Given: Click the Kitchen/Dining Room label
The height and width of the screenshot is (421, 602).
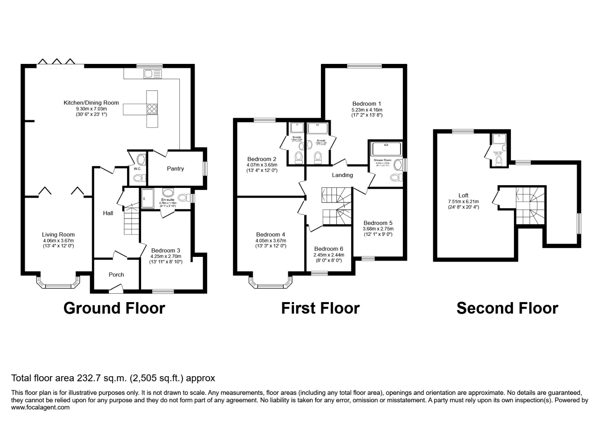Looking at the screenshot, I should [91, 103].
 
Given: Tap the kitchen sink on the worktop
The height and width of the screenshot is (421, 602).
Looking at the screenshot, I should [152, 74].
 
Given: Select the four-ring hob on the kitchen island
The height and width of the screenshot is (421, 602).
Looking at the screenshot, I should [152, 109].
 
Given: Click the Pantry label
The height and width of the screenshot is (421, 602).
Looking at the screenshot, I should [175, 168].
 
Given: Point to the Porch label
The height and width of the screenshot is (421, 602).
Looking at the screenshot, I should [116, 274].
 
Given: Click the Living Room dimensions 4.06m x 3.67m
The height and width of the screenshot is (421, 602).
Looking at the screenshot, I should [58, 241].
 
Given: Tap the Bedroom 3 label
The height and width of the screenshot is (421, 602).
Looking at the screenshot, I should [166, 250].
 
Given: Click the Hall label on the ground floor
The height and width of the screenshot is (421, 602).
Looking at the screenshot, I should [108, 213].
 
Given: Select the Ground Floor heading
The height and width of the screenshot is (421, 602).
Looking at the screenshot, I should [114, 308].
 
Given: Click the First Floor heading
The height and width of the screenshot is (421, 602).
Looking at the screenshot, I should [320, 308].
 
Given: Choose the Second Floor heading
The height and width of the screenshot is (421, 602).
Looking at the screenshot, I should [507, 308].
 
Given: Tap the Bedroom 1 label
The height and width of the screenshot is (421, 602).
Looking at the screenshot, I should [367, 104].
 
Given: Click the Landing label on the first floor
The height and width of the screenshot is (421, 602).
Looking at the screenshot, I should [342, 175].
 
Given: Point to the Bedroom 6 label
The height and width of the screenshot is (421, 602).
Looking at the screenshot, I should [329, 249].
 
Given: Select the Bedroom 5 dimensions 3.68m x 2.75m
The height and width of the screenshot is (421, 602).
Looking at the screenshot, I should [378, 229].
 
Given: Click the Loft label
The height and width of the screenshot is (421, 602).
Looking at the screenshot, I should [463, 195].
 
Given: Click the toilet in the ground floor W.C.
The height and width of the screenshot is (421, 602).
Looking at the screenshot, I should [138, 178].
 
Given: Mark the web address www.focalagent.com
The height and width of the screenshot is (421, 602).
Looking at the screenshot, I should [41, 407].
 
